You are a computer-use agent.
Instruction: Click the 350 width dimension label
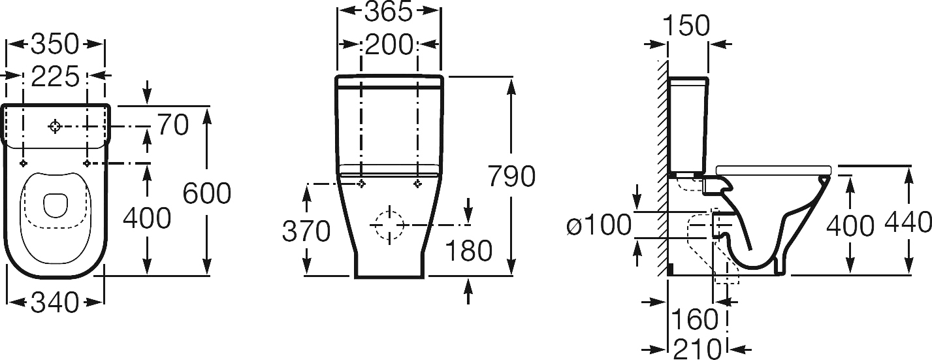click(x=55, y=44)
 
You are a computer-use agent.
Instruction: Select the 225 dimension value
click(x=55, y=76)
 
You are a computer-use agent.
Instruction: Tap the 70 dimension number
click(x=173, y=124)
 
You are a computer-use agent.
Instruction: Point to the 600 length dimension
click(x=207, y=193)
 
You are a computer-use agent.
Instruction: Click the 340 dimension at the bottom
click(x=55, y=303)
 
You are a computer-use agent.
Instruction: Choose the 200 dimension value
click(x=389, y=44)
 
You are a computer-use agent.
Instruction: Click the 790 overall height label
click(x=511, y=176)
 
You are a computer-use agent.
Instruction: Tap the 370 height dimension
click(x=306, y=231)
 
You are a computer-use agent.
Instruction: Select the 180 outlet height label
click(x=468, y=250)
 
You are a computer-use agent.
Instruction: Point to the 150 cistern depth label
click(x=687, y=25)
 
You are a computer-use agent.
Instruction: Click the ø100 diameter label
click(x=599, y=225)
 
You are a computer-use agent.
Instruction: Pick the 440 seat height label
click(x=907, y=222)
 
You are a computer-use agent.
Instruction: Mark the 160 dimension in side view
click(x=695, y=319)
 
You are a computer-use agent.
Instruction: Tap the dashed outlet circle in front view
click(x=389, y=225)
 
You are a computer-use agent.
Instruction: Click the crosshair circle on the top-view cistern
click(x=55, y=127)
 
